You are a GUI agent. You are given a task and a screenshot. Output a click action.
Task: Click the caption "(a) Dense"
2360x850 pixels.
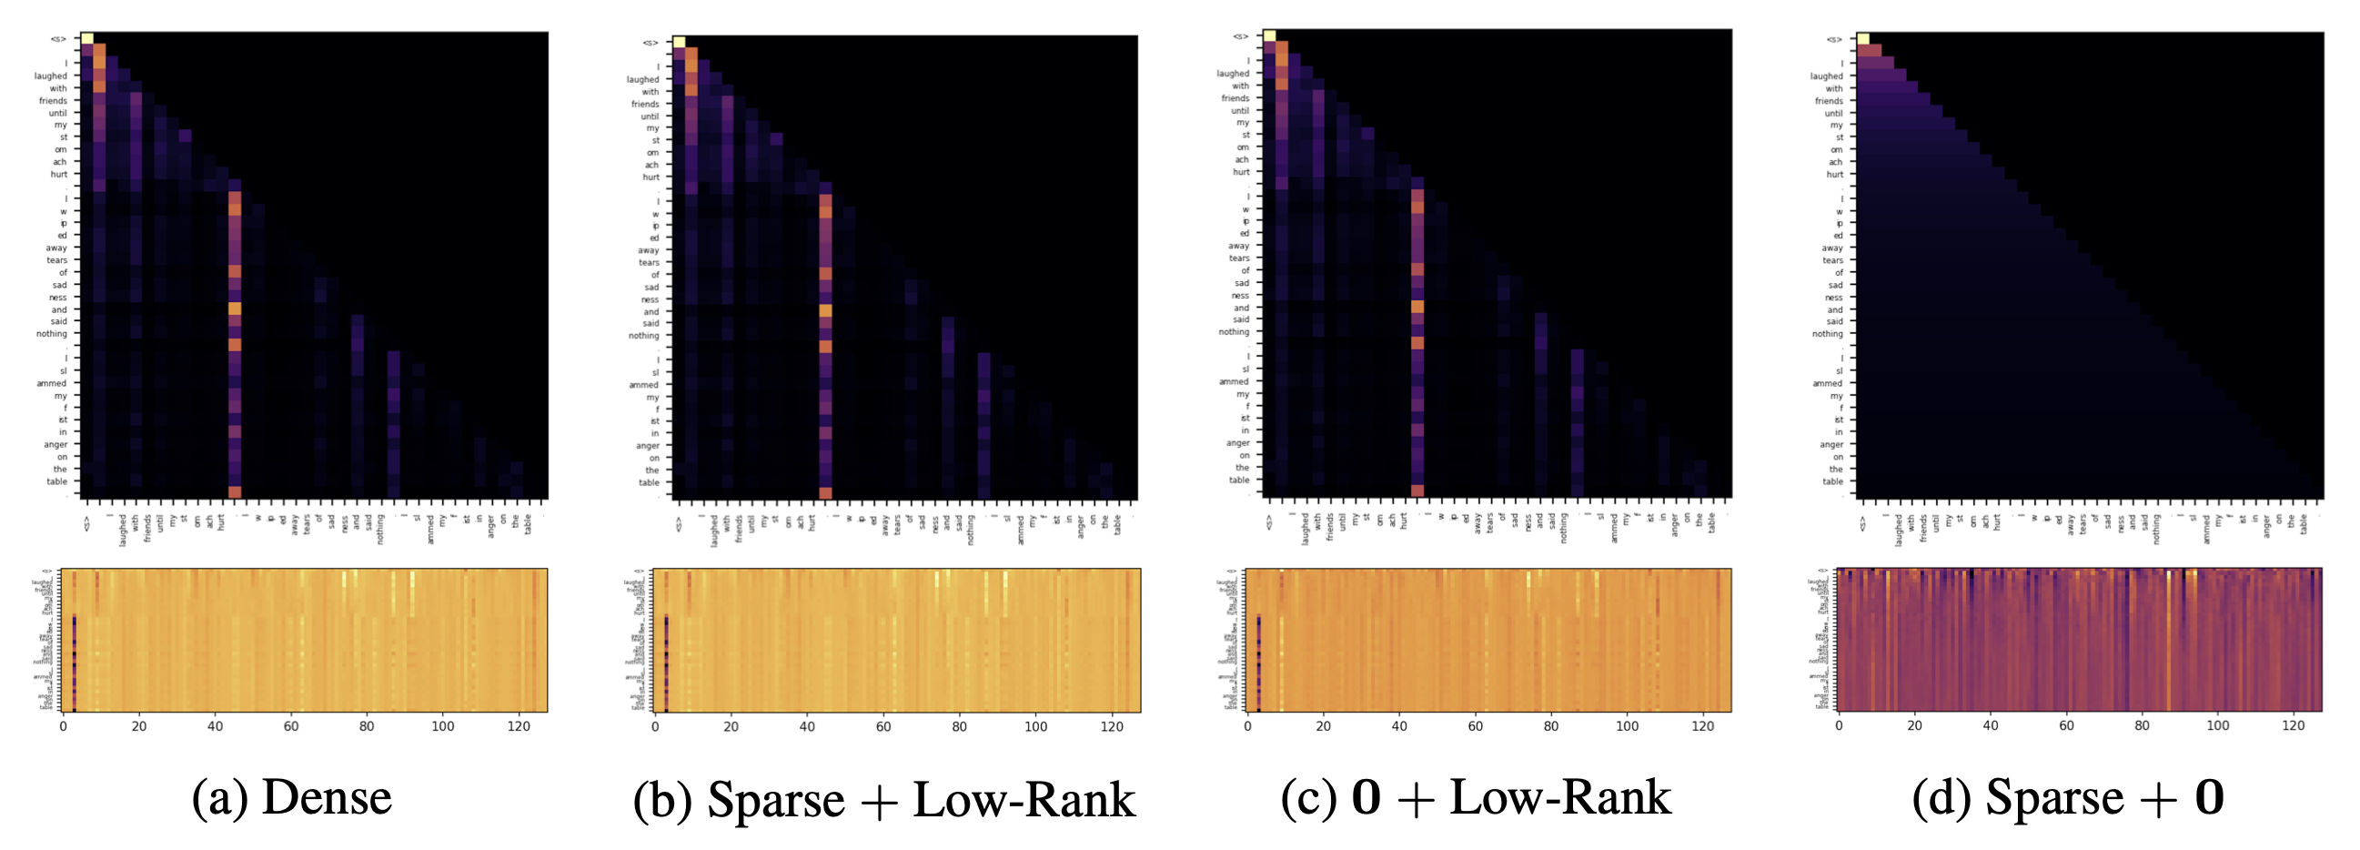pyautogui.click(x=291, y=797)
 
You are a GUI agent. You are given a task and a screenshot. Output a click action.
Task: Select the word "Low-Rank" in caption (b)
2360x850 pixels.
pyautogui.click(x=1024, y=800)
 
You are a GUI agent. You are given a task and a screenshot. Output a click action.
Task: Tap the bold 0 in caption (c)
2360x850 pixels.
pyautogui.click(x=1366, y=797)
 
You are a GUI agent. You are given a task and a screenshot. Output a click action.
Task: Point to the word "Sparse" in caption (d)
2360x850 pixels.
pyautogui.click(x=2054, y=797)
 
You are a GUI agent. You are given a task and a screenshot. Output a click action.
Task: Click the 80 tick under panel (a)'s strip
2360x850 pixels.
pyautogui.click(x=367, y=726)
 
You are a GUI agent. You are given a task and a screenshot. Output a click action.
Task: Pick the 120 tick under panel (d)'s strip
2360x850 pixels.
pyautogui.click(x=2293, y=725)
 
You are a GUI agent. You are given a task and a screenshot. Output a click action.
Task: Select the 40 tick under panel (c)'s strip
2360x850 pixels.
pyautogui.click(x=1399, y=726)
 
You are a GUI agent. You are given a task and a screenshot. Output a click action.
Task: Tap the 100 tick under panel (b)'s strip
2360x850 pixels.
pyautogui.click(x=1035, y=726)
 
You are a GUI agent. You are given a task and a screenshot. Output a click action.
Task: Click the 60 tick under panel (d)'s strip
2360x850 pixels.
pyautogui.click(x=2066, y=725)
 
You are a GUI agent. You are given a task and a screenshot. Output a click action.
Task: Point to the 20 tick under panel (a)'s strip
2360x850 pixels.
pyautogui.click(x=138, y=726)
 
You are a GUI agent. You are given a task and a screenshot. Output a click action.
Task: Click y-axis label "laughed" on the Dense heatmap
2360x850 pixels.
pyautogui.click(x=50, y=76)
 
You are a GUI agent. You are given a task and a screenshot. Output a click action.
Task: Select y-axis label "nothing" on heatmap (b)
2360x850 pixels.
pyautogui.click(x=643, y=336)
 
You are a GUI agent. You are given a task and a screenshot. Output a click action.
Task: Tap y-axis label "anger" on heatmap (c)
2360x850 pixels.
pyautogui.click(x=1237, y=443)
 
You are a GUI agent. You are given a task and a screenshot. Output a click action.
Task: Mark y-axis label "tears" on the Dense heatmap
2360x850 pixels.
pyautogui.click(x=56, y=260)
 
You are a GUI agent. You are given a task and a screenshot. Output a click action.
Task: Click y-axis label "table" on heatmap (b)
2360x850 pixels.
pyautogui.click(x=649, y=482)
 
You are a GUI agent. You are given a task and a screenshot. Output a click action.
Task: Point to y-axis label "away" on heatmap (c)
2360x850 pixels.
pyautogui.click(x=1238, y=247)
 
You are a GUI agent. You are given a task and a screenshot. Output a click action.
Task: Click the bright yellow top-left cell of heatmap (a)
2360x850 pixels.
pyautogui.click(x=87, y=38)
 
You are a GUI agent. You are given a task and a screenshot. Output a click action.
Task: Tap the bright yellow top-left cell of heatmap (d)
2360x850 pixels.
pyautogui.click(x=1863, y=38)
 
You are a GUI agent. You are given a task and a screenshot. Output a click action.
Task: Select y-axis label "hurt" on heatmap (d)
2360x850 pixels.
pyautogui.click(x=1834, y=175)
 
